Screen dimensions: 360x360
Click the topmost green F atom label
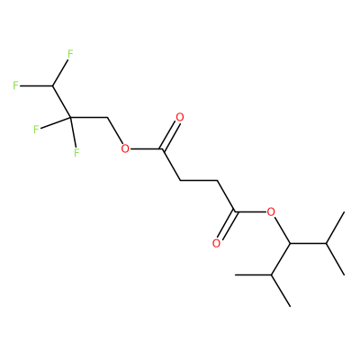(70, 54)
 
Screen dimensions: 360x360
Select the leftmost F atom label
(15, 85)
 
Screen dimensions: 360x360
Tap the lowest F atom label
(76, 152)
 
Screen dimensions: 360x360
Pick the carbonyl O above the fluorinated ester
(180, 117)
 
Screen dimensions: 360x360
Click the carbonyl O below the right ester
(216, 243)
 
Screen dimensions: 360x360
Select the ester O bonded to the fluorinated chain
(125, 148)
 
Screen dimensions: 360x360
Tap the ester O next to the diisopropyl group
(271, 212)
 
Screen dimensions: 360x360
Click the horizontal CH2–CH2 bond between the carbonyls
(198, 181)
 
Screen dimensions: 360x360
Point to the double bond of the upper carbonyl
(170, 135)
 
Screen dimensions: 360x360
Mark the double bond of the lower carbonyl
(226, 226)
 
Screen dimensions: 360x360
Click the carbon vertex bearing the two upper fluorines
(53, 86)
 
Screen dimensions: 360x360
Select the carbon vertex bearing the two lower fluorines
(71, 118)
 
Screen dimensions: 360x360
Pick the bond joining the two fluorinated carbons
(62, 102)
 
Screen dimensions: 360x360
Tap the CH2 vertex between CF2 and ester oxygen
(107, 118)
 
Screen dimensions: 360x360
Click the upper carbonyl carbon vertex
(162, 148)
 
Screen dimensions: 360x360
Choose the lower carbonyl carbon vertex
(235, 212)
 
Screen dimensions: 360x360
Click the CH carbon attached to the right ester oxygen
(290, 243)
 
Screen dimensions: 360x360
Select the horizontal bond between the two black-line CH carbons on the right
(308, 243)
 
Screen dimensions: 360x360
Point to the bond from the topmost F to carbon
(60, 73)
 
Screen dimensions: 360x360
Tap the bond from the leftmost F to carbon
(36, 86)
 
